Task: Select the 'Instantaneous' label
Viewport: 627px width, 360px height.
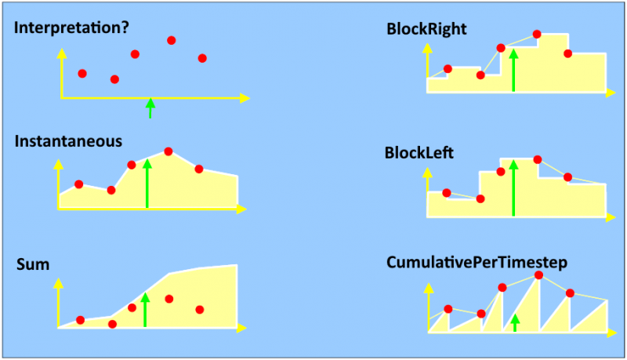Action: (68, 142)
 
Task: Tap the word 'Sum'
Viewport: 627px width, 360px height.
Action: (33, 264)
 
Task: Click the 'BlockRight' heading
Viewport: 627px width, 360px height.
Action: (426, 29)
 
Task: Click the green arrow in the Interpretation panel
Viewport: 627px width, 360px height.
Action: (150, 107)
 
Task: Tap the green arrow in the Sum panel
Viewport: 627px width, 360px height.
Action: (145, 309)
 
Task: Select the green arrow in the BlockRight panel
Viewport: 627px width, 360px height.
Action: (513, 70)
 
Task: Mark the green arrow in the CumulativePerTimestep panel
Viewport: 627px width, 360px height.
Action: (515, 322)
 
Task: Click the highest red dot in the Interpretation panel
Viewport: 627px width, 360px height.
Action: (172, 40)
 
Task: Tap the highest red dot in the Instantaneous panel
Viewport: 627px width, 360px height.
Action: (168, 151)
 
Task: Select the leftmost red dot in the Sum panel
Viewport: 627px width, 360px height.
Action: (81, 319)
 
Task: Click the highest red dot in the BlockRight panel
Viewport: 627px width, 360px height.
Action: (537, 34)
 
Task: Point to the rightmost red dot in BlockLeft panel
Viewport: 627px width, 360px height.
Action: (567, 176)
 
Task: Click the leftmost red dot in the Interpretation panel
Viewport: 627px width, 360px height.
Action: (82, 73)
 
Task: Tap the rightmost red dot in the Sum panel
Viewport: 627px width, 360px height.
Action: (200, 309)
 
